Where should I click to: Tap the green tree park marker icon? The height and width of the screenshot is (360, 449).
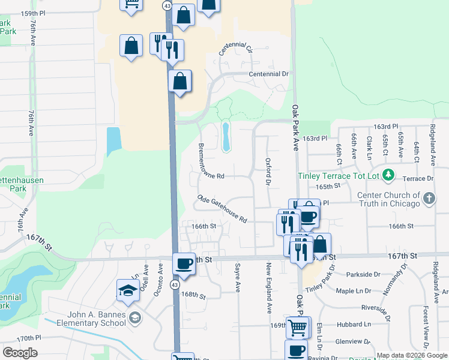tap(389, 176)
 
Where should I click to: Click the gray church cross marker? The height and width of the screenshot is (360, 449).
tap(429, 199)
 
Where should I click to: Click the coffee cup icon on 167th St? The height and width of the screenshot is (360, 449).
tap(184, 263)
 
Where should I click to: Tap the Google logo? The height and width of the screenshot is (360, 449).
tap(20, 353)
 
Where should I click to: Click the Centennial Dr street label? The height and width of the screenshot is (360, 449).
tap(269, 74)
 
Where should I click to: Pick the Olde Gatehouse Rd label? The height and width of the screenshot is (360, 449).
tap(221, 209)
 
